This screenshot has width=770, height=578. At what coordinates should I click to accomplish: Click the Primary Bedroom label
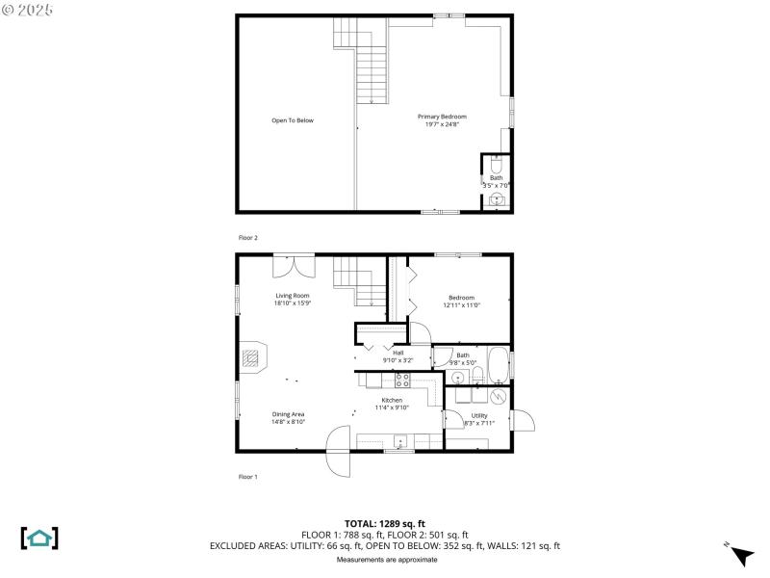tap(442, 117)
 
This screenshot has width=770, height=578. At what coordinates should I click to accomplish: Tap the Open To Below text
tap(293, 120)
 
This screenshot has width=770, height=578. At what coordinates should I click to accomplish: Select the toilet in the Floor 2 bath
tap(497, 162)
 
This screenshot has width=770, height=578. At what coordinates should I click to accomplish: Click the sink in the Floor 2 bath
tap(497, 199)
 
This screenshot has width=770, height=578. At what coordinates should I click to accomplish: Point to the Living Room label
tap(293, 296)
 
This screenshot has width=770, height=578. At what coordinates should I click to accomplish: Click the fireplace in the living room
tap(251, 359)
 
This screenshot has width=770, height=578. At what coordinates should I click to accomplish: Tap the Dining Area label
tap(288, 414)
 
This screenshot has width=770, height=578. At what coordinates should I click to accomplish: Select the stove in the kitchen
tap(402, 381)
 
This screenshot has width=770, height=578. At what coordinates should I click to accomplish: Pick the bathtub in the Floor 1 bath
tap(498, 366)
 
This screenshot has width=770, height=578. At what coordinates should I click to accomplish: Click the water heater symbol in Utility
tap(499, 396)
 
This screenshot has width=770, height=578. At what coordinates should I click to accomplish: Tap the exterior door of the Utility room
tap(525, 421)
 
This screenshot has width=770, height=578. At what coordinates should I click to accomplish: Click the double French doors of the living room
tap(293, 265)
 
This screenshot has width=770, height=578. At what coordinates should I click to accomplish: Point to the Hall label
tap(398, 353)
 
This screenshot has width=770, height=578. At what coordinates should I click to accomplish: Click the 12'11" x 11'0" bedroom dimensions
tap(461, 304)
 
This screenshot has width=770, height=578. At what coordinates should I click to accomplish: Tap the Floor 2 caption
tap(248, 237)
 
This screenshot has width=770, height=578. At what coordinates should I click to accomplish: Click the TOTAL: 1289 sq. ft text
tap(384, 524)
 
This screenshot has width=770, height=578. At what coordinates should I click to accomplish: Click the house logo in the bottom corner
tap(38, 538)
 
